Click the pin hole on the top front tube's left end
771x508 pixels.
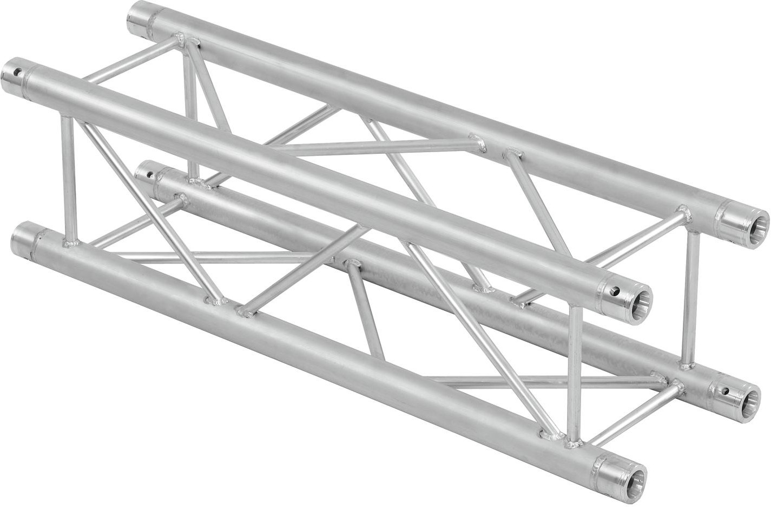pyautogui.click(x=20, y=71)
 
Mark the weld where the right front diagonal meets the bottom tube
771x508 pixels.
pyautogui.click(x=550, y=434)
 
